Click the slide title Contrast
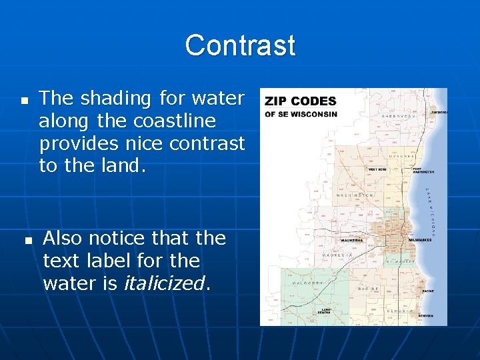coord(240,45)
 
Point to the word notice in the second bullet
coord(117,238)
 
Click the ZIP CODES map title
coord(300,101)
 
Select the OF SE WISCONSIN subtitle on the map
coord(301,114)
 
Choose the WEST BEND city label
coord(377,169)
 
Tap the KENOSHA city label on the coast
coord(425,315)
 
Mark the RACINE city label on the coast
coord(427,291)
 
